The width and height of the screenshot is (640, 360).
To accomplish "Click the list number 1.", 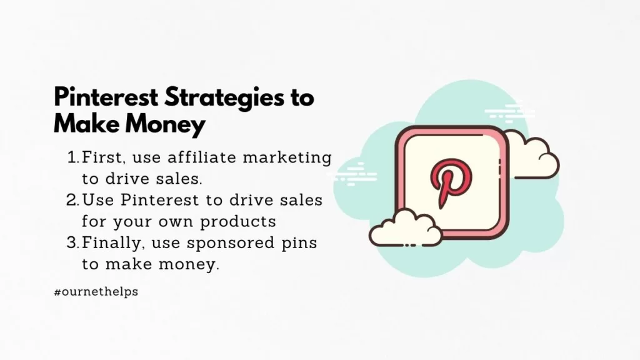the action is click(x=73, y=157).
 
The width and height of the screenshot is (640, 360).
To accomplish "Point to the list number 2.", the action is click(x=72, y=200).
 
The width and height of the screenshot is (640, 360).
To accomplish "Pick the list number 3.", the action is click(x=72, y=243).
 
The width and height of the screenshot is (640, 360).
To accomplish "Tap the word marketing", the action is click(x=287, y=158).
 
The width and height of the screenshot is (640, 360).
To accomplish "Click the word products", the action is click(x=238, y=222).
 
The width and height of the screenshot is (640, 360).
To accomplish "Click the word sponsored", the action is click(x=231, y=244).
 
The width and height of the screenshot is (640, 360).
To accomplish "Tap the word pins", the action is click(x=299, y=244).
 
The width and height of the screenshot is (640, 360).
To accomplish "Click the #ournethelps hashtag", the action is click(x=96, y=292).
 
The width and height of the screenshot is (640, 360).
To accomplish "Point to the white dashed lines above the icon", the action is click(x=509, y=113).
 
